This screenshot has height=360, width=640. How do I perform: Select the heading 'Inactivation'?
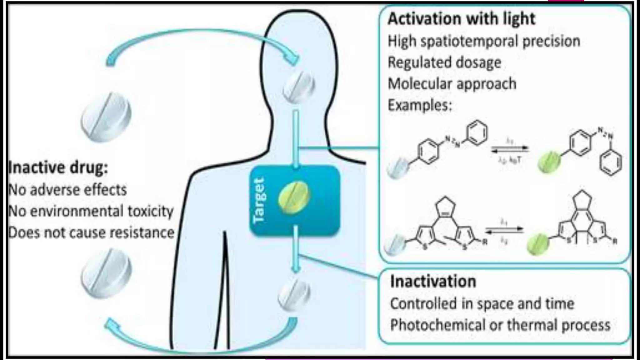(433, 281)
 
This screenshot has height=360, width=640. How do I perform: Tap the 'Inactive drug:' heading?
(58, 167)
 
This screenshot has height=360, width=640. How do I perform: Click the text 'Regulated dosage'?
(444, 62)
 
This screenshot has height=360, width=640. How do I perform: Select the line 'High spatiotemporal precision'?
(484, 41)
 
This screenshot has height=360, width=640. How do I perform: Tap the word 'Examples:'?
(420, 105)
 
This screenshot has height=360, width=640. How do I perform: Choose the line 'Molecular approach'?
(452, 84)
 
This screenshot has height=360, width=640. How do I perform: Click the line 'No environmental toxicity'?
(91, 211)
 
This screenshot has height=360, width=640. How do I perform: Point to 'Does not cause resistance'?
(91, 233)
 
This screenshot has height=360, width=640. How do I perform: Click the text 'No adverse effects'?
(67, 190)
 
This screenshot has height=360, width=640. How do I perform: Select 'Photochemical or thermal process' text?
(500, 325)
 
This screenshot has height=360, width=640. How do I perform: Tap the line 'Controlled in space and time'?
(482, 303)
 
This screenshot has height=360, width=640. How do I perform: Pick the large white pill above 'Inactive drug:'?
(106, 116)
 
